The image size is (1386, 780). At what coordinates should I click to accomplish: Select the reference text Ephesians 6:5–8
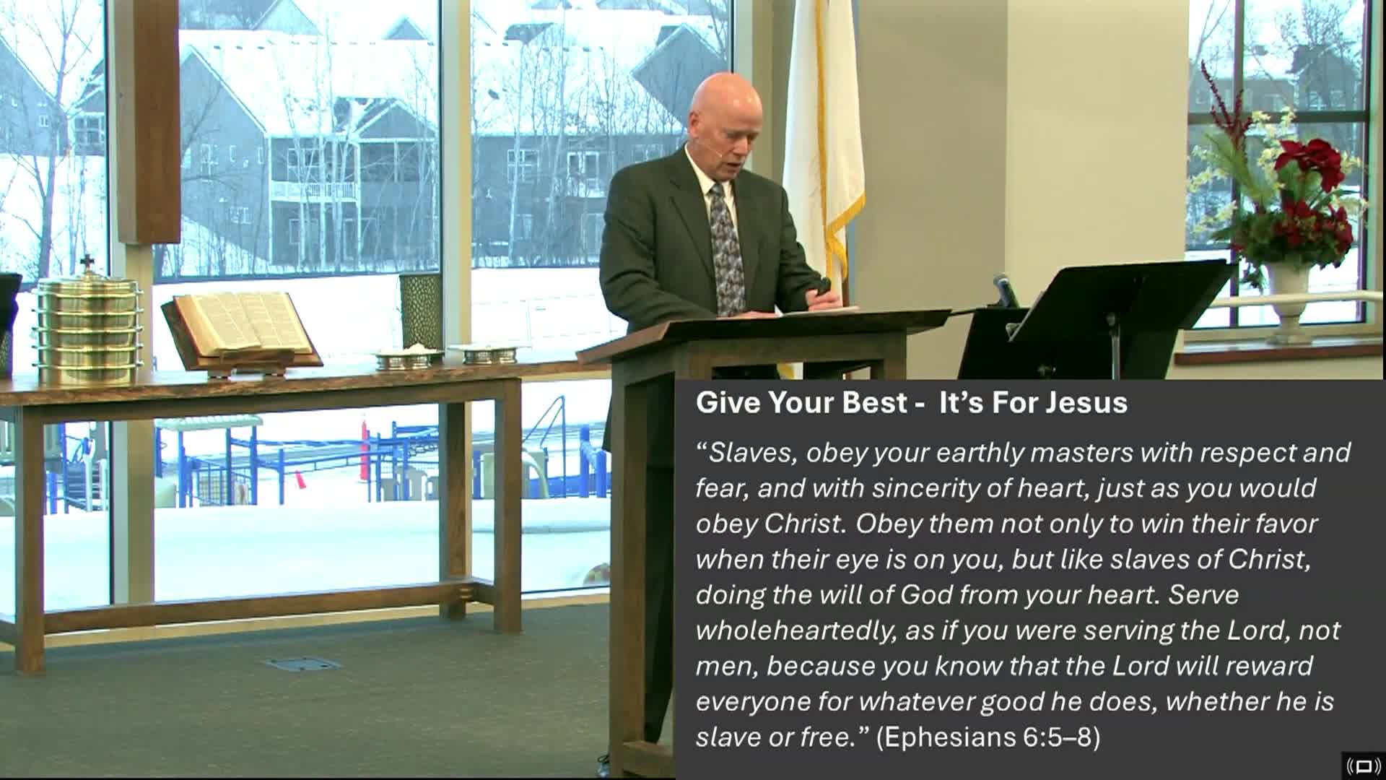(x=988, y=737)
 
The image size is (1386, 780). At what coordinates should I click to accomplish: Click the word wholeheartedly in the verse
(x=790, y=630)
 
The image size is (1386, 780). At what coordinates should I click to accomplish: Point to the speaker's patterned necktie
(x=724, y=246)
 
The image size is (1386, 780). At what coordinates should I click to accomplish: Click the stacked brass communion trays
(x=87, y=329)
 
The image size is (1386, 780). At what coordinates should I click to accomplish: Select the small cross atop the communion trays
(x=87, y=261)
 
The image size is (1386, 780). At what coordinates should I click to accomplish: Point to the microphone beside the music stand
(x=1004, y=289)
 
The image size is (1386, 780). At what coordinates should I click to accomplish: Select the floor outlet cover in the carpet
(x=302, y=664)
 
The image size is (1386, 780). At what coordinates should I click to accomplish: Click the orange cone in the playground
(x=297, y=479)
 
